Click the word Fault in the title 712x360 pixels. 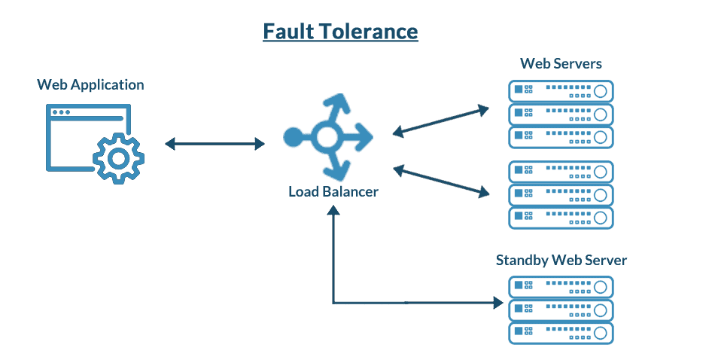click(288, 32)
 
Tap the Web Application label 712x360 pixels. click(90, 84)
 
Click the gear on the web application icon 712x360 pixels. click(118, 157)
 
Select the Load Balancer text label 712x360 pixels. click(333, 191)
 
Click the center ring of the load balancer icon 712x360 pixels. click(326, 137)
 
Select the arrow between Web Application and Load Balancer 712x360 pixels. click(215, 143)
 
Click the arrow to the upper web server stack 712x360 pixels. click(440, 121)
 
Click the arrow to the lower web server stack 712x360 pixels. click(441, 182)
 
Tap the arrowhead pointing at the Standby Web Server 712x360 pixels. click(498, 303)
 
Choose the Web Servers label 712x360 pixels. click(561, 63)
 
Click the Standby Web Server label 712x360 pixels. click(561, 261)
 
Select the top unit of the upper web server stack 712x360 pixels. click(561, 91)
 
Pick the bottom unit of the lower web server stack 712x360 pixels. click(561, 218)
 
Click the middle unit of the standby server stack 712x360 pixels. click(561, 310)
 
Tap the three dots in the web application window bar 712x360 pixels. click(61, 112)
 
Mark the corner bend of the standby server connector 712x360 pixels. click(333, 303)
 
